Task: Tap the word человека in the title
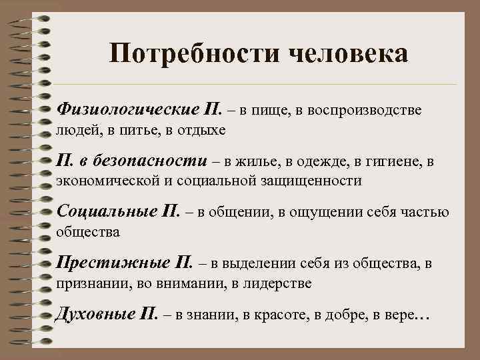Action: coord(347,54)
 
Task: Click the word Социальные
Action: coord(107,212)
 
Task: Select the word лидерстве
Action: coord(279,283)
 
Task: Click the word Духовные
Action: coord(96,315)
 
